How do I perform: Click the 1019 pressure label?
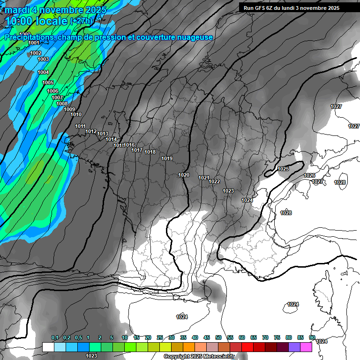coord(167,158)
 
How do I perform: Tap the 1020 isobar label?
coord(184,175)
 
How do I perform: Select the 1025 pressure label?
coord(283,169)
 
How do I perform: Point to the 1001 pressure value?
coord(34,43)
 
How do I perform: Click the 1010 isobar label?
coord(76,114)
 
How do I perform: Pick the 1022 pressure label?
coord(214,181)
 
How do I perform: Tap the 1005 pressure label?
coord(48,82)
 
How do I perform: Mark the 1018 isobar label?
coord(150,152)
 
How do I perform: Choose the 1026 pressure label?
coord(309,175)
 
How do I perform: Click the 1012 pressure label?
coord(91,131)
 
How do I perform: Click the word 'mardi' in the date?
coord(18,9)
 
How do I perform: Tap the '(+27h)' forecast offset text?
coord(81,21)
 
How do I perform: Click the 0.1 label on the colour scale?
coord(55,337)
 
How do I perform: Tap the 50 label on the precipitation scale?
coord(218,337)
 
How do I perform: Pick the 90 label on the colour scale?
coord(312,337)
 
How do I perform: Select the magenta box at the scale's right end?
coord(307,347)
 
